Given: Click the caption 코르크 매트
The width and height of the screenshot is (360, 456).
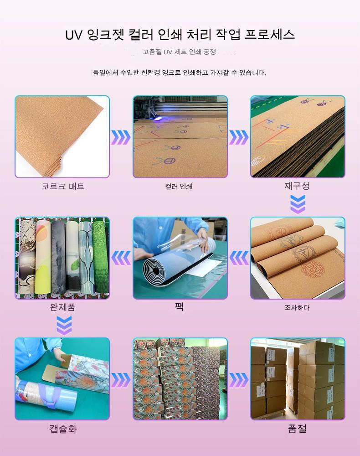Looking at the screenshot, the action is (63, 186).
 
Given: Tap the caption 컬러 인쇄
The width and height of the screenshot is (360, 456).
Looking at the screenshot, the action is (179, 187).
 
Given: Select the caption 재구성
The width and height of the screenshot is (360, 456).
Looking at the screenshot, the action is (297, 186).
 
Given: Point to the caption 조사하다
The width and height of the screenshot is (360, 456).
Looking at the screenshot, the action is (297, 307).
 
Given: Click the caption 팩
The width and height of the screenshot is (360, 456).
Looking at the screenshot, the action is (179, 306).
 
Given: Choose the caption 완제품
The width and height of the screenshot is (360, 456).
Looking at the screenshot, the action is (63, 307).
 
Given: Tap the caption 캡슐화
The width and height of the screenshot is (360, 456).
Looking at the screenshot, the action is (63, 429).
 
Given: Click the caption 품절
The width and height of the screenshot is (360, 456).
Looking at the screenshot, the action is (297, 428).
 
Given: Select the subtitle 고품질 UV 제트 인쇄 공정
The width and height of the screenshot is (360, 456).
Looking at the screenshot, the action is (179, 52).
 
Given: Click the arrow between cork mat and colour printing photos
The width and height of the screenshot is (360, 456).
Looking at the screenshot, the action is (121, 137).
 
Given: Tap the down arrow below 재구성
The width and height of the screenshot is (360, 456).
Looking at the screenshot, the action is (298, 204).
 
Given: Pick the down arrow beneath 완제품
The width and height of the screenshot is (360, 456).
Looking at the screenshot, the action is (64, 326).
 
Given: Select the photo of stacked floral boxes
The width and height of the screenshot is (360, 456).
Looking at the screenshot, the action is (180, 378).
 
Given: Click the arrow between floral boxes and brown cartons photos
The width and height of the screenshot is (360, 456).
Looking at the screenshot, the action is (239, 380).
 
